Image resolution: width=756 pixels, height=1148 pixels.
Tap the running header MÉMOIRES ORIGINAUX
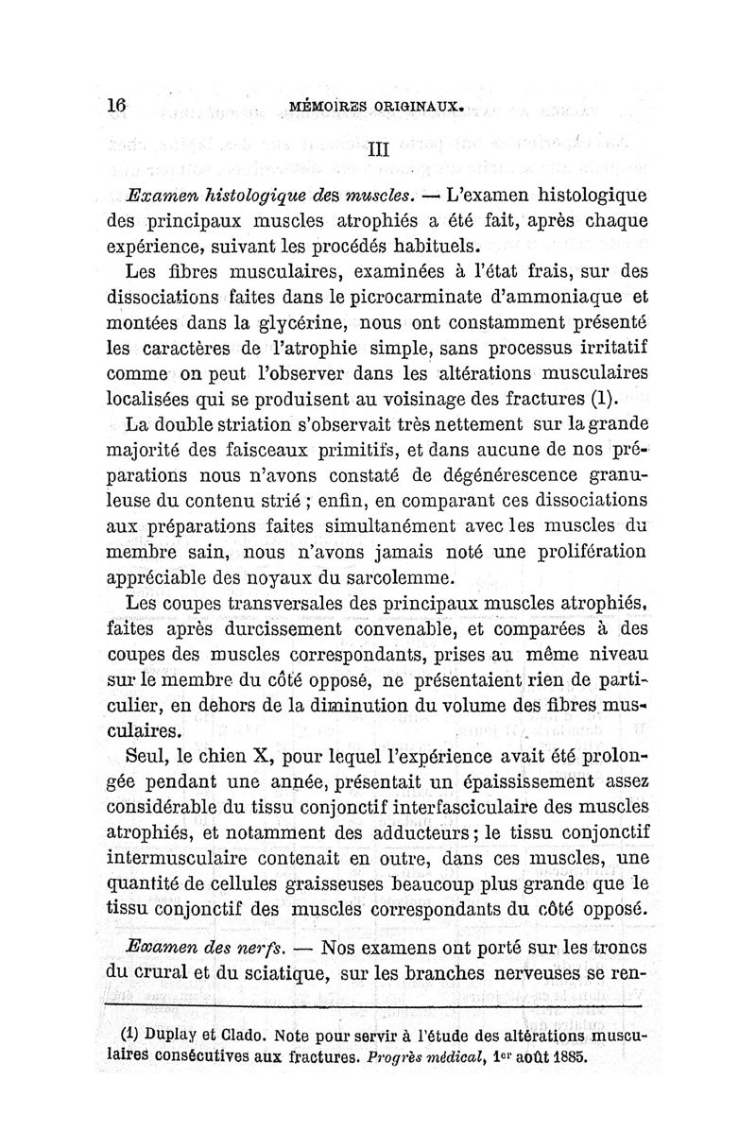[376, 107]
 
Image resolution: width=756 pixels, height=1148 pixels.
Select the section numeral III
[378, 147]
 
